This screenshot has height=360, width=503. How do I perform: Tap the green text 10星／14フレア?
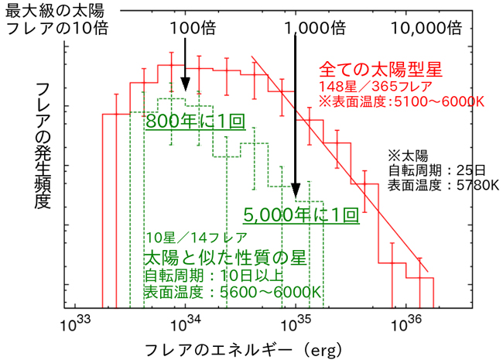point(197,238)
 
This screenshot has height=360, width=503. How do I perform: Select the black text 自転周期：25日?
point(439,169)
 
